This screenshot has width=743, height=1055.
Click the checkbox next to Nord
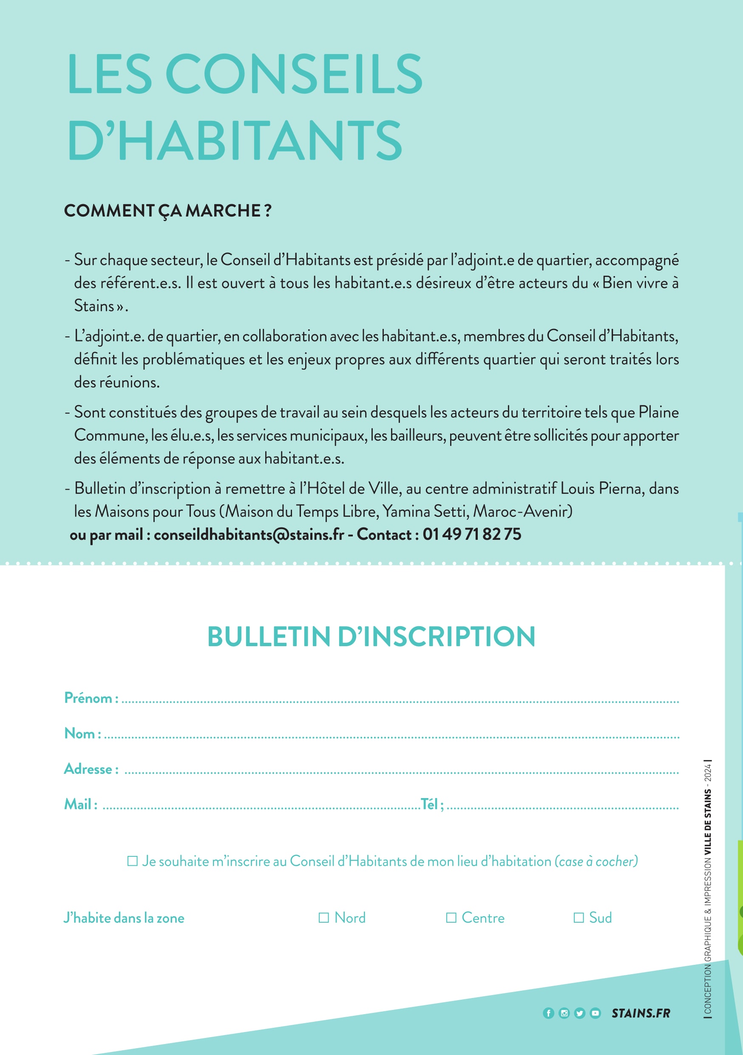(x=324, y=918)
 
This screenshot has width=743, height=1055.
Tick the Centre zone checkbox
(x=451, y=918)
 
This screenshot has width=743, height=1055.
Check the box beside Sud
(x=579, y=918)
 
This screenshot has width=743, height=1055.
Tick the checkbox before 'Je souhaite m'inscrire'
(x=132, y=861)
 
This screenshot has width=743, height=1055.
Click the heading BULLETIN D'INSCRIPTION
(x=371, y=637)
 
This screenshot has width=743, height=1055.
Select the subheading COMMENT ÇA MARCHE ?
(x=167, y=211)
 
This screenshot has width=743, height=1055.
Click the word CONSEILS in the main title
(x=294, y=74)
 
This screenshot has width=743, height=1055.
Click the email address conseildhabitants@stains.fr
(x=248, y=534)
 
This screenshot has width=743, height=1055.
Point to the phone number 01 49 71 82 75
(x=472, y=534)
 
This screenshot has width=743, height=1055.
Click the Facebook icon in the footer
(x=548, y=1013)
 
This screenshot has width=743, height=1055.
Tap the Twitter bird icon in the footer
(x=579, y=1013)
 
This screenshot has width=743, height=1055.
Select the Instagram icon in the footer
(x=564, y=1013)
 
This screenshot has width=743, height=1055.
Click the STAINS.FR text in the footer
(x=641, y=1013)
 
